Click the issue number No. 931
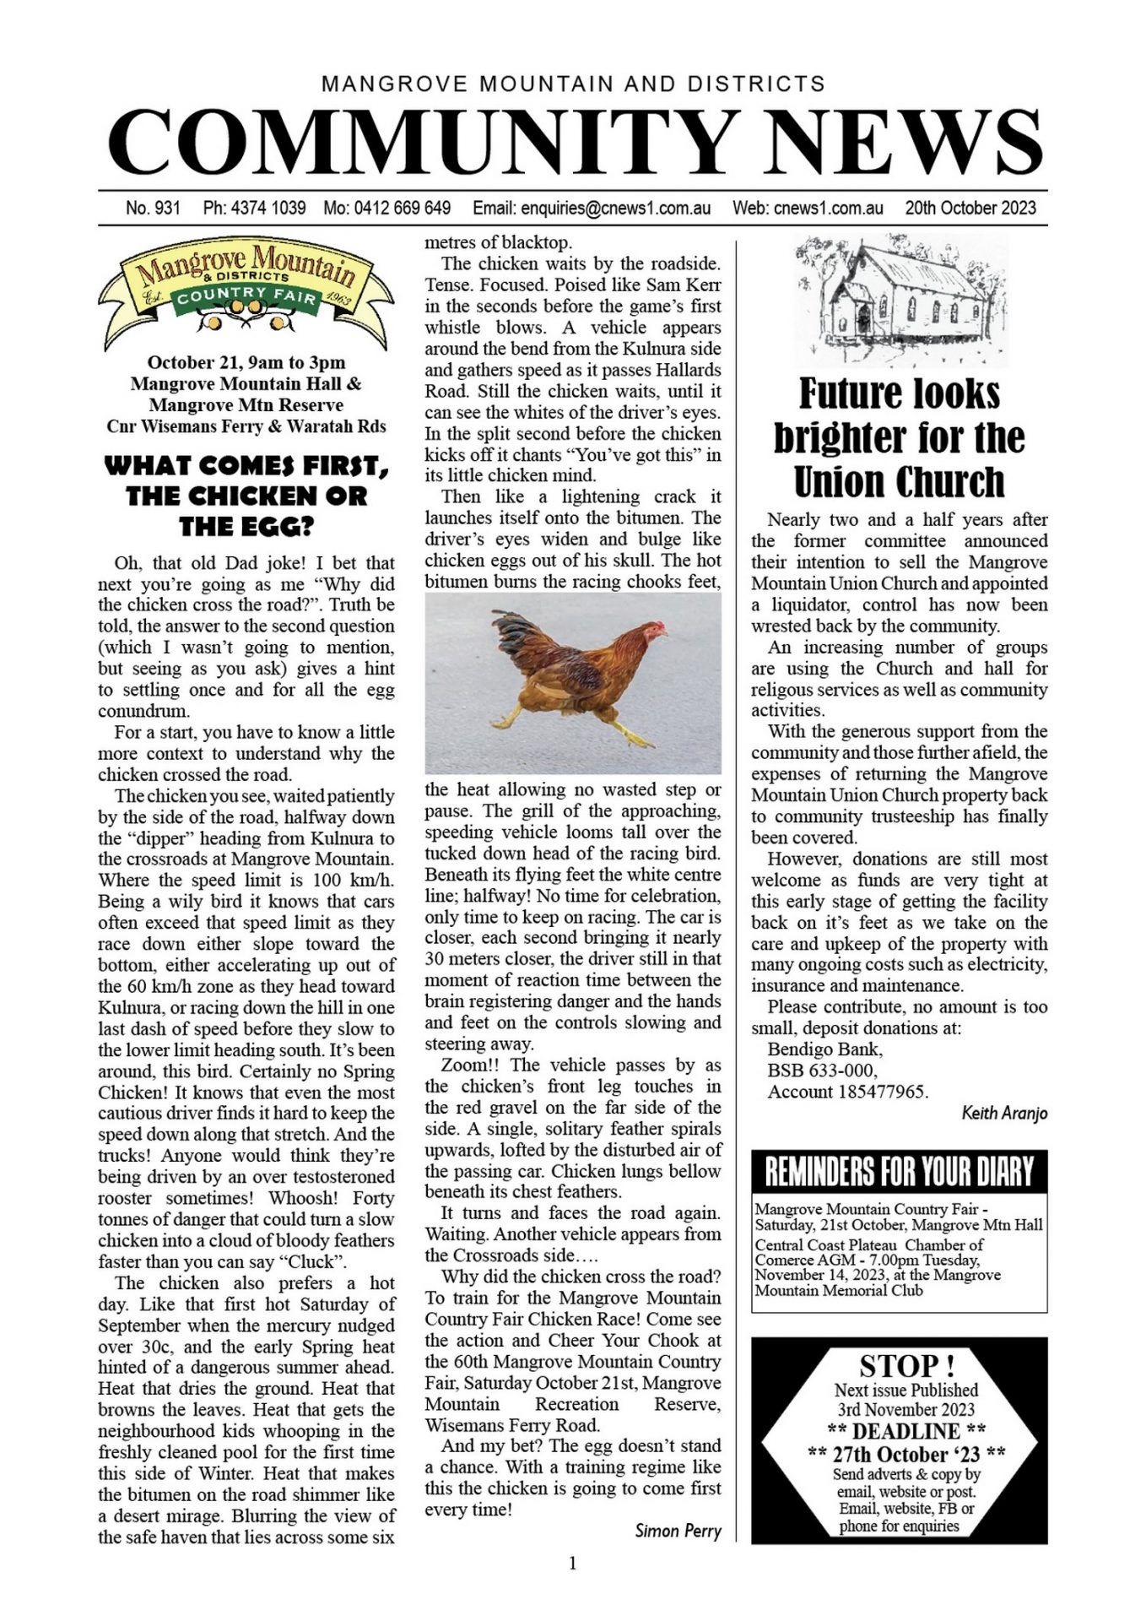pyautogui.click(x=153, y=208)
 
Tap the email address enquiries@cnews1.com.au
pyautogui.click(x=616, y=208)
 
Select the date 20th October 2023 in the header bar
pyautogui.click(x=970, y=208)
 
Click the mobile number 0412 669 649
pyautogui.click(x=403, y=208)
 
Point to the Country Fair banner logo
pyautogui.click(x=246, y=291)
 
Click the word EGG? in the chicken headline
pyautogui.click(x=246, y=528)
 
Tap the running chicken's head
pyautogui.click(x=652, y=631)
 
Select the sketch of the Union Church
pyautogui.click(x=900, y=300)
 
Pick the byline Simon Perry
pyautogui.click(x=678, y=1531)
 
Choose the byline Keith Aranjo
pyautogui.click(x=1004, y=1113)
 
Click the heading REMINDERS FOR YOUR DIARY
pyautogui.click(x=900, y=1172)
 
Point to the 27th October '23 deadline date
pyautogui.click(x=905, y=1454)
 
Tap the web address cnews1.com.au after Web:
pyautogui.click(x=828, y=208)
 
